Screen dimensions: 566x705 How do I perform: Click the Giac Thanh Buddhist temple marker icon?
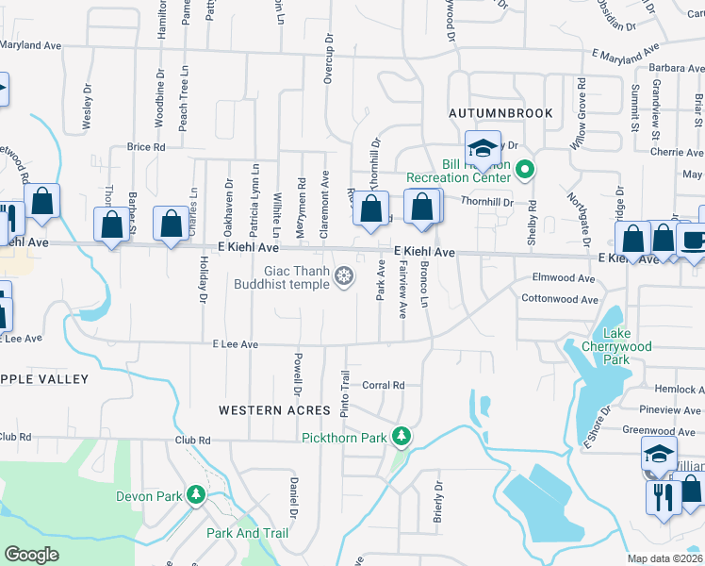[x=345, y=275]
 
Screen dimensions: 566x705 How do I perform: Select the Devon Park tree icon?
[x=196, y=494]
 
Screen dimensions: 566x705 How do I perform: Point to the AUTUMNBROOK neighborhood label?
[x=500, y=112]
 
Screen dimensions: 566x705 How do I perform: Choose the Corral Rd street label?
[x=383, y=385]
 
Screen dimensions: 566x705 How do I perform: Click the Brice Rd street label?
[x=146, y=147]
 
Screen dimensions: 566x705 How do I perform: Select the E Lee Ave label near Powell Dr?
[x=235, y=345]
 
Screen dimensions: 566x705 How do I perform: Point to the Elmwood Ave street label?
[x=564, y=279]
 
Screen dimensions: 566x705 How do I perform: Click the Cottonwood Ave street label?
[x=560, y=300]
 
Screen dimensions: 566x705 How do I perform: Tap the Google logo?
[x=31, y=555]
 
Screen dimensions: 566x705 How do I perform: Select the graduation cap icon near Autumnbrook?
[x=483, y=148]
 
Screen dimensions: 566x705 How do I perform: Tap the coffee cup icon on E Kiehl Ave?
[x=695, y=240]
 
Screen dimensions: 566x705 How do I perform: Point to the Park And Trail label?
[x=247, y=533]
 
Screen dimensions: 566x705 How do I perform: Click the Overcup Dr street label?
[x=329, y=59]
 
